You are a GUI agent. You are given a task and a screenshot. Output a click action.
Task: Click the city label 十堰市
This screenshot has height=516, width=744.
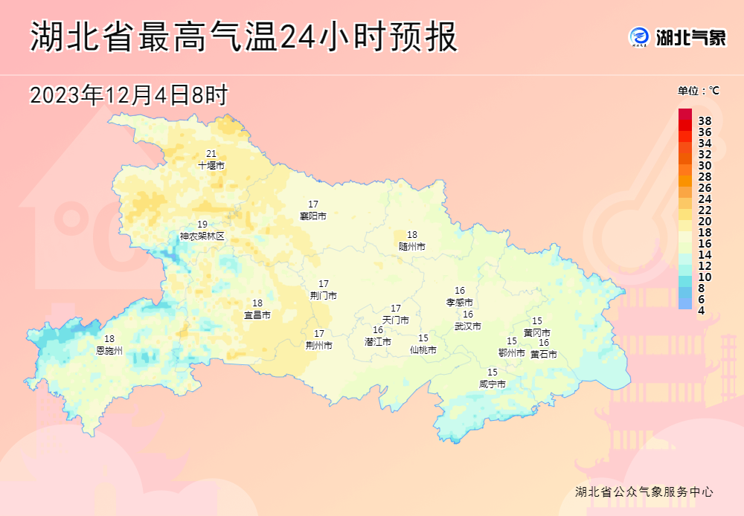pyautogui.click(x=211, y=166)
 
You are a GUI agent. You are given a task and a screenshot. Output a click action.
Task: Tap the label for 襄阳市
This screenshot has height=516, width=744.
pyautogui.click(x=312, y=216)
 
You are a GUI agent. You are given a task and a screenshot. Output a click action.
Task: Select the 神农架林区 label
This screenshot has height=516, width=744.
pyautogui.click(x=202, y=236)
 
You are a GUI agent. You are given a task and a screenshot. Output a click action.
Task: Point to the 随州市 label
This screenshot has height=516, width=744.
pyautogui.click(x=412, y=246)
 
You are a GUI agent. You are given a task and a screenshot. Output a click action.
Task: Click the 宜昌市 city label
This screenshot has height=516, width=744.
pyautogui.click(x=257, y=315)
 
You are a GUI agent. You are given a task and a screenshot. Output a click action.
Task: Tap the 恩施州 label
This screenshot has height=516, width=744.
pyautogui.click(x=109, y=350)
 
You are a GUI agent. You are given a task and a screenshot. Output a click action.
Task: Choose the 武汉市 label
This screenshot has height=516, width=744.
pyautogui.click(x=468, y=326)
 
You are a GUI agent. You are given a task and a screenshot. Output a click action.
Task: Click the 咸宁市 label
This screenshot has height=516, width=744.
pyautogui.click(x=493, y=384)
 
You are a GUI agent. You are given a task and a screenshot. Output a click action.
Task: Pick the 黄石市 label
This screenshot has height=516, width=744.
pyautogui.click(x=544, y=355)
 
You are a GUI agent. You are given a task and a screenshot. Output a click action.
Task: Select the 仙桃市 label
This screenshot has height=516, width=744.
pyautogui.click(x=423, y=349)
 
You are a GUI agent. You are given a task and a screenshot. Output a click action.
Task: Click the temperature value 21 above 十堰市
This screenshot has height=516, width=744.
pyautogui.click(x=211, y=154)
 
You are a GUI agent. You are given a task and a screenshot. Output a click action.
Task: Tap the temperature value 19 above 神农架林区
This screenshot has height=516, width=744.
pyautogui.click(x=202, y=225)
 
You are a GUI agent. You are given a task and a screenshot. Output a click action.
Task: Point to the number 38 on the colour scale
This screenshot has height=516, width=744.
pyautogui.click(x=705, y=120)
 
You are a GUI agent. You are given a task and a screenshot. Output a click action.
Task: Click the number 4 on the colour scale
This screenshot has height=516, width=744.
pyautogui.click(x=701, y=310)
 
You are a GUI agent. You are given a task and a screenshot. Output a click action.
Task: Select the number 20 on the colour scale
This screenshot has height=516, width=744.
pyautogui.click(x=705, y=221)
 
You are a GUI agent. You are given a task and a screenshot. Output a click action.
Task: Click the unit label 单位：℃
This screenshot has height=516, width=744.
pyautogui.click(x=698, y=91)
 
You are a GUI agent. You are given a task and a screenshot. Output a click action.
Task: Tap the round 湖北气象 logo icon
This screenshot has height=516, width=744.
pyautogui.click(x=639, y=36)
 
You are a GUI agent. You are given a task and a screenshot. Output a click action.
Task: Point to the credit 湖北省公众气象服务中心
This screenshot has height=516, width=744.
pyautogui.click(x=644, y=492)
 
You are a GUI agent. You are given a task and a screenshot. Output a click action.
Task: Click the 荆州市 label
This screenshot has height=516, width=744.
pyautogui.click(x=319, y=346)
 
